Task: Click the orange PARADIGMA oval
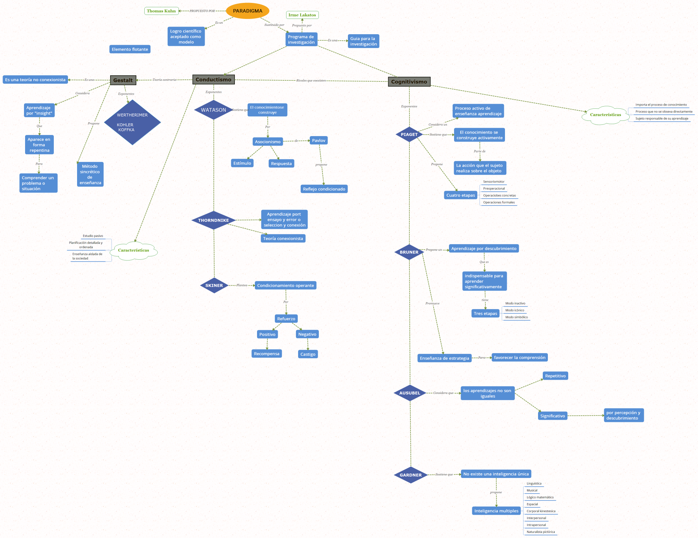click(x=248, y=11)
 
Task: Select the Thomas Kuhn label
click(x=161, y=11)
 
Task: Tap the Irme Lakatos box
click(x=302, y=15)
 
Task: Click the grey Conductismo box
click(x=213, y=79)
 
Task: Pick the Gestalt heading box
click(x=123, y=80)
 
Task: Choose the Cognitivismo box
click(x=409, y=81)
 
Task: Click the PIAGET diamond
click(x=409, y=134)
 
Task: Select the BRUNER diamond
click(x=409, y=252)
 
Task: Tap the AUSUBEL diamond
click(x=410, y=393)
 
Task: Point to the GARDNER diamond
click(x=410, y=475)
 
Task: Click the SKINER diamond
click(x=214, y=286)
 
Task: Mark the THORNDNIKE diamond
click(x=213, y=220)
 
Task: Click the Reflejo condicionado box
click(x=324, y=189)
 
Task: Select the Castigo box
click(x=308, y=354)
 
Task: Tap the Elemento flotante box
click(x=130, y=49)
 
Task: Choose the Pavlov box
click(x=318, y=140)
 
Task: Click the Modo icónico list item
click(x=514, y=310)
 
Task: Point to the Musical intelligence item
click(x=532, y=490)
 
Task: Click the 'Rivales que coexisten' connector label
click(x=311, y=80)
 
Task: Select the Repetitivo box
click(x=555, y=376)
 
